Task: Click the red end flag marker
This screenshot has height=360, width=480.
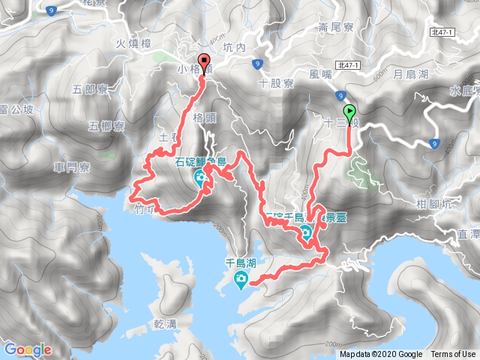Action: pos(202,63)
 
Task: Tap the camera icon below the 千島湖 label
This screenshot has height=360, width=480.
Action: pos(241,282)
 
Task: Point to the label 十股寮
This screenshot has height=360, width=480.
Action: pos(275,83)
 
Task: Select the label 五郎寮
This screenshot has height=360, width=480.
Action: pos(91,91)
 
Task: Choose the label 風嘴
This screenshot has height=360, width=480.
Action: pos(319,75)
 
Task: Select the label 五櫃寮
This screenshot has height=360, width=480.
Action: pos(106,125)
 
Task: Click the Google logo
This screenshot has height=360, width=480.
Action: pos(28,349)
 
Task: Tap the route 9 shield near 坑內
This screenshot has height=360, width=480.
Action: pos(257,64)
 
